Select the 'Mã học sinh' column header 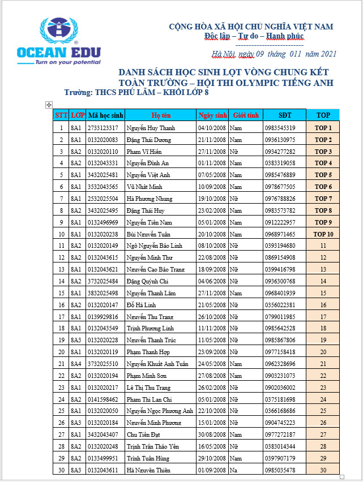pos(105,115)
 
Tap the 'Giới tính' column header pos(246,115)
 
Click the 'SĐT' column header pos(285,115)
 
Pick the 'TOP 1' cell pos(323,128)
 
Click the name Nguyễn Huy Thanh pos(151,128)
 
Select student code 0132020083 pos(103,140)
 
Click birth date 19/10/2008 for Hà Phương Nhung pos(212,199)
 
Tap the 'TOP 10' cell pos(323,234)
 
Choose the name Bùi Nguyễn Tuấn pos(149,234)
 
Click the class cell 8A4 pos(76,364)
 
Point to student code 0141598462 pos(103,399)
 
